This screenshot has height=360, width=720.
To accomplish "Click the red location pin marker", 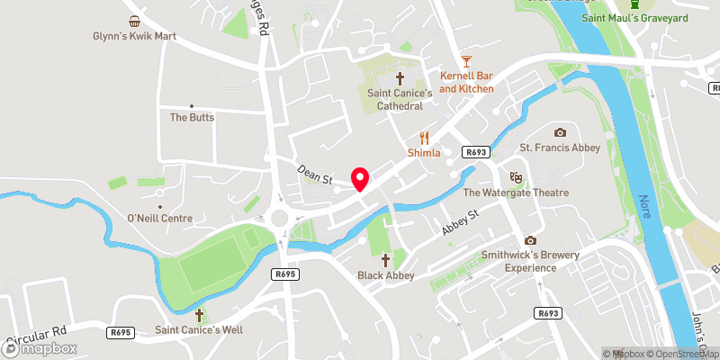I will click(360, 178).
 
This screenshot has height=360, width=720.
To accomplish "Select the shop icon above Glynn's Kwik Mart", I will click(133, 21).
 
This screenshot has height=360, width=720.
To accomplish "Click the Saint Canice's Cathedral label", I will click(394, 99).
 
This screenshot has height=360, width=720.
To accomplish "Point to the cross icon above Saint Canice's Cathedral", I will click(400, 78).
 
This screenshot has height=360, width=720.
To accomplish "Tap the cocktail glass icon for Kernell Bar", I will click(466, 61).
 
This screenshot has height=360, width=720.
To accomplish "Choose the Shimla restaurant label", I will click(424, 153).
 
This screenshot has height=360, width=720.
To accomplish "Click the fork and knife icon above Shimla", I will click(424, 139).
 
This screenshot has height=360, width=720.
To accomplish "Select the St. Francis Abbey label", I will click(560, 147).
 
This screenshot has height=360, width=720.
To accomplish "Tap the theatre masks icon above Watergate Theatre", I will click(516, 177).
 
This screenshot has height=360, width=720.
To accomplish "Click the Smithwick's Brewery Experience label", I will click(530, 261).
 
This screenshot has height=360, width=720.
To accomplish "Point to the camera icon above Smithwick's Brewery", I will click(530, 240).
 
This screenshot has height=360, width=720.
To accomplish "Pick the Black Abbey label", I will click(386, 275).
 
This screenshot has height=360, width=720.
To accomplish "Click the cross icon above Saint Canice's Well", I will click(200, 315).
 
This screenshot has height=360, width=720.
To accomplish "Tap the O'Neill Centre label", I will click(160, 218).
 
